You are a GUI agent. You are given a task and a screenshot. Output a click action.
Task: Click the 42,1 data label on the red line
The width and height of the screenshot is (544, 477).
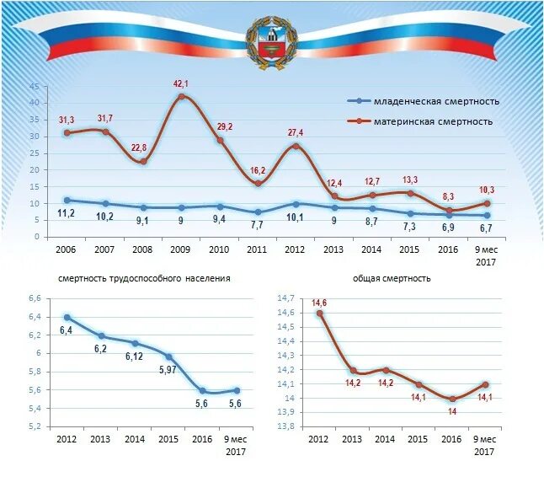[180, 83]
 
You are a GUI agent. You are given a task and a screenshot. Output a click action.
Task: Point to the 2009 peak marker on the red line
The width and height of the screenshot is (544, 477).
[180, 96]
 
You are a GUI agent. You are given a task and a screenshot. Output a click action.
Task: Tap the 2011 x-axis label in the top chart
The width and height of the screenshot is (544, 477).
[257, 250]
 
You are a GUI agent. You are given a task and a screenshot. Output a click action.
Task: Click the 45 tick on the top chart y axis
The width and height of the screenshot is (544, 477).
[35, 87]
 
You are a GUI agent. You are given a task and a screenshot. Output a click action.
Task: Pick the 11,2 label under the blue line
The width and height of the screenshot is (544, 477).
[67, 214]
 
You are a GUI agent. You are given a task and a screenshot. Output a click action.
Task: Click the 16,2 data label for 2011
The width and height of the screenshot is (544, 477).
[257, 170]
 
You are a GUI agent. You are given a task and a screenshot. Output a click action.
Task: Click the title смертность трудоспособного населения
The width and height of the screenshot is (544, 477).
[144, 277]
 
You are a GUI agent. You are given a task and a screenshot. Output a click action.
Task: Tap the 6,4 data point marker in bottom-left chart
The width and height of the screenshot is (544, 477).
[67, 318]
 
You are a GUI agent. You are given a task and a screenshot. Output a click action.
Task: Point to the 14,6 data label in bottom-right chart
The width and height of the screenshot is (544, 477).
[319, 303]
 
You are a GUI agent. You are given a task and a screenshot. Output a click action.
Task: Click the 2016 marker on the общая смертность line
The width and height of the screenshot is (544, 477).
[451, 399]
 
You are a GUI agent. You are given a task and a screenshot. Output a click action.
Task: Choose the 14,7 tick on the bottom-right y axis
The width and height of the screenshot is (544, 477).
[285, 298]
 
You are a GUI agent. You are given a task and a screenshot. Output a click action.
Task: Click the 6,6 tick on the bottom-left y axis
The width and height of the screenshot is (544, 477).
[35, 298]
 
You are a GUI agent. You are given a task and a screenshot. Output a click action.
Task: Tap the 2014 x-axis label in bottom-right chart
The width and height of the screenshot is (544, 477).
[385, 440]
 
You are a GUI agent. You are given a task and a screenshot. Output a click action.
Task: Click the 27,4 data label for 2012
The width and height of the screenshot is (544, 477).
[296, 133]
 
